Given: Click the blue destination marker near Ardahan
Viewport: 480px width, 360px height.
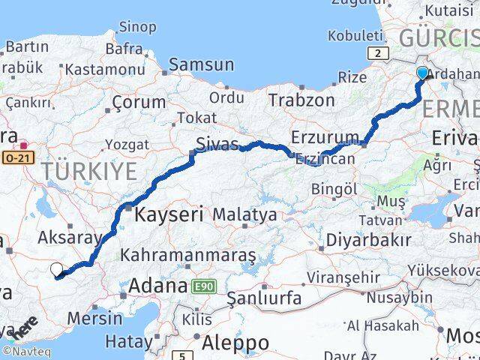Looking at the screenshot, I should tap(422, 73).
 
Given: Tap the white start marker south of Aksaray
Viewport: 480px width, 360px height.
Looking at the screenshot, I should tap(57, 270).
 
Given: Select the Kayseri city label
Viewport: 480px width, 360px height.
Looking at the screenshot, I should tap(169, 214).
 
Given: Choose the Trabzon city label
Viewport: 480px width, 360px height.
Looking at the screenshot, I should tap(301, 100).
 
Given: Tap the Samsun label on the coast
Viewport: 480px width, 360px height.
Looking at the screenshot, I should tap(202, 65).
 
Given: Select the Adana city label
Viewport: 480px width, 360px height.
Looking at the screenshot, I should tap(158, 286).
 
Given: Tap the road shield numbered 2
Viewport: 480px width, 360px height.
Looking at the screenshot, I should tap(379, 52).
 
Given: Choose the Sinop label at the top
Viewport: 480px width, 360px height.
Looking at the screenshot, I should tap(137, 27).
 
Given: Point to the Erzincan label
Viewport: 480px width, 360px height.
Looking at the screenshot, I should tap(325, 160).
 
